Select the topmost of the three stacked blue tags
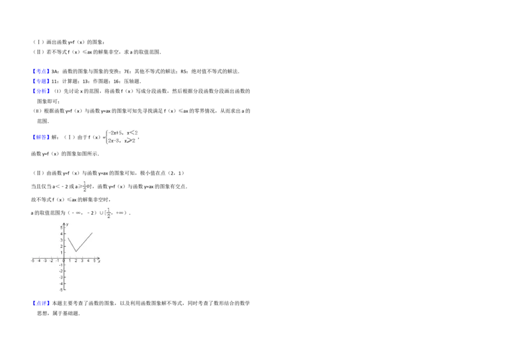pyautogui.click(x=41, y=71)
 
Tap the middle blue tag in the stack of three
pyautogui.click(x=41, y=82)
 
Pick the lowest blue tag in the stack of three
pyautogui.click(x=41, y=92)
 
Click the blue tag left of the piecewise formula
pyautogui.click(x=41, y=138)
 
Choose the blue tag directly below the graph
pyautogui.click(x=41, y=303)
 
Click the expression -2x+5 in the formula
pyautogui.click(x=115, y=133)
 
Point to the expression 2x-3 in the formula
pyautogui.click(x=114, y=140)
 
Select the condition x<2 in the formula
pyautogui.click(x=132, y=133)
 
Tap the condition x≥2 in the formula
pyautogui.click(x=131, y=140)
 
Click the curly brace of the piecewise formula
pyautogui.click(x=105, y=136)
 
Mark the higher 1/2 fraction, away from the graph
pyautogui.click(x=85, y=186)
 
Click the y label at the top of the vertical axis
pyautogui.click(x=68, y=224)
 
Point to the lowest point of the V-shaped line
pyautogui.click(x=76, y=251)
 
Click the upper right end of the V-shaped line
pyautogui.click(x=92, y=233)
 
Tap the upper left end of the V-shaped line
pyautogui.click(x=69, y=238)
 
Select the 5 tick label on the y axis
pyautogui.click(x=62, y=227)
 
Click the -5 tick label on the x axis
pyautogui.click(x=33, y=261)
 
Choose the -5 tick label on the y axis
pyautogui.click(x=61, y=290)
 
